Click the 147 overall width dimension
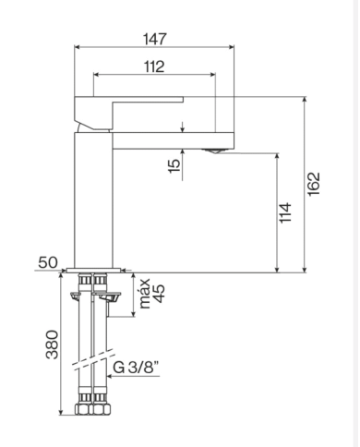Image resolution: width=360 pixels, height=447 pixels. [x=154, y=40]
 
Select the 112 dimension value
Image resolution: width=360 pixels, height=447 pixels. [x=154, y=66]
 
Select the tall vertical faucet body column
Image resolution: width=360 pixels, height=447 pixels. [x=92, y=199]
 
